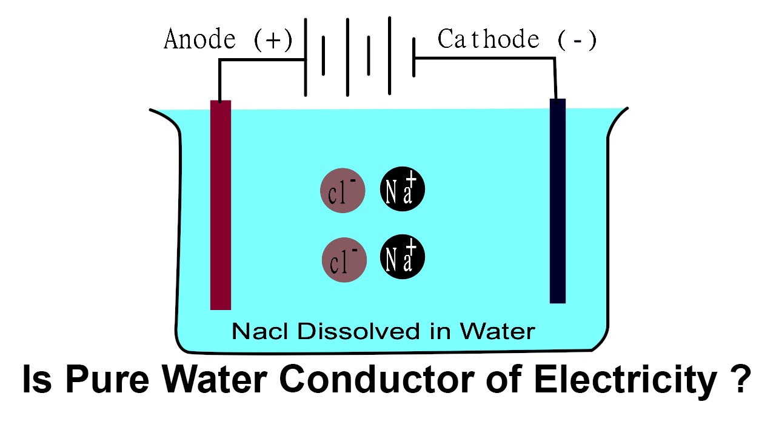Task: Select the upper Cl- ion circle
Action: (343, 190)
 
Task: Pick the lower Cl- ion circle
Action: (344, 260)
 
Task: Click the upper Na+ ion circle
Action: (403, 189)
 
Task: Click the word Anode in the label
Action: (200, 41)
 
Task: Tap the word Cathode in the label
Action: (488, 40)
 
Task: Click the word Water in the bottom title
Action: (216, 380)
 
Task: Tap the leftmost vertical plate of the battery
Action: (305, 58)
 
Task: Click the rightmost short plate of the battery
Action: (413, 58)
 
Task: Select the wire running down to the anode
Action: (219, 79)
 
